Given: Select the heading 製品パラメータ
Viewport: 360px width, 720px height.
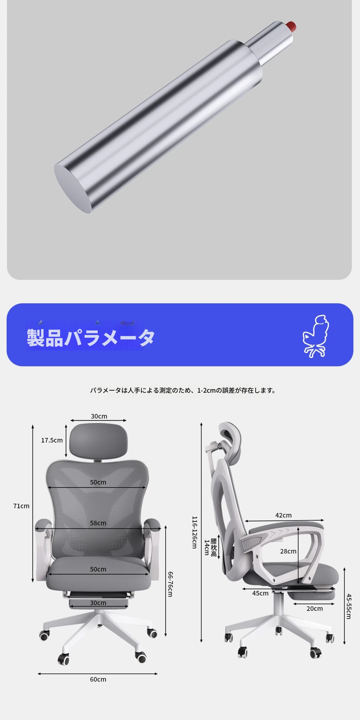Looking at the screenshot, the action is [91, 338].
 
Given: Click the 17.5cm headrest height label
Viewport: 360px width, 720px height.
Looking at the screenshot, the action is [52, 440].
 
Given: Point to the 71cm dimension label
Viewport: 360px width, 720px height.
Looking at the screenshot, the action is [21, 506].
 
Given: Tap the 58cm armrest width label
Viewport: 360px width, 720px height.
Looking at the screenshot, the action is [98, 523].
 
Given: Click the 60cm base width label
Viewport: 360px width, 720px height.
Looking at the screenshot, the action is [98, 680].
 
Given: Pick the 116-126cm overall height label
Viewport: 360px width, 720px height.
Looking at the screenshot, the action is [194, 533].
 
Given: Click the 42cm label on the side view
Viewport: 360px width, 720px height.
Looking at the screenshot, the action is [283, 515].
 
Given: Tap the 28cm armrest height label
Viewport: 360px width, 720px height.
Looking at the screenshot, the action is [288, 551].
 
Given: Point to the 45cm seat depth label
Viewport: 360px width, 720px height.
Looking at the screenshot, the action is [261, 593].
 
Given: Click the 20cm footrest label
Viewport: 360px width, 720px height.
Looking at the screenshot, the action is [315, 609].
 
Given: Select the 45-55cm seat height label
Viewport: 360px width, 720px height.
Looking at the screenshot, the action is [349, 606].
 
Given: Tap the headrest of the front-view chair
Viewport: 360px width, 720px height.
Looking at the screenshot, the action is [98, 441].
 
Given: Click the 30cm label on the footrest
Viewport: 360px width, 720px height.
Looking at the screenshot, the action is [98, 603].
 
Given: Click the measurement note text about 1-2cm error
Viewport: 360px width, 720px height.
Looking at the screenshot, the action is [183, 390].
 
